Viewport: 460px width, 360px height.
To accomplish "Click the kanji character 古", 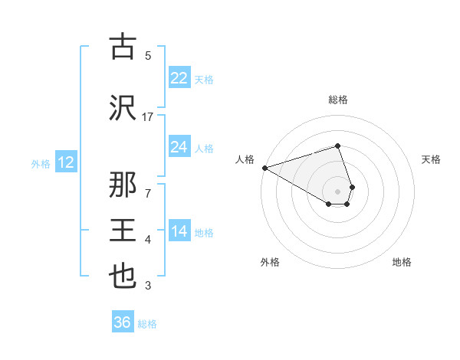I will click(x=123, y=48).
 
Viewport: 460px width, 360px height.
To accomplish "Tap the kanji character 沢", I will click(x=123, y=107).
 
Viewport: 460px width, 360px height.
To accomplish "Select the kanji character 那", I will click(x=123, y=186).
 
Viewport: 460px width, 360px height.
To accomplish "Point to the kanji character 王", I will click(x=123, y=231).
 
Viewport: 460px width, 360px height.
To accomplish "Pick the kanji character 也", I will click(x=123, y=277).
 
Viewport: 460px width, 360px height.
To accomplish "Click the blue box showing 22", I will click(x=179, y=78).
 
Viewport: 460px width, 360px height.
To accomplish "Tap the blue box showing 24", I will click(x=179, y=147).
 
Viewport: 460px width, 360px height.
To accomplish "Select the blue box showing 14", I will click(x=179, y=231).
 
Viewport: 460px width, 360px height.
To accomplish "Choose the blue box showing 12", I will click(x=66, y=162).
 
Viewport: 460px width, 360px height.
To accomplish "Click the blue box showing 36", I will click(x=123, y=322).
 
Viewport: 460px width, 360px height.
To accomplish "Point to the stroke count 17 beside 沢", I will click(x=148, y=116).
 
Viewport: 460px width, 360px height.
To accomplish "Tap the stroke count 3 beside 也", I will click(x=148, y=286).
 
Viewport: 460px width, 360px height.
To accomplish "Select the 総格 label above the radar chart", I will click(x=338, y=100).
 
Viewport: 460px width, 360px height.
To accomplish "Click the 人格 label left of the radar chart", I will click(x=245, y=159).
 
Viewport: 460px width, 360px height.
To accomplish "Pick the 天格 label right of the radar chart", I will click(x=431, y=159).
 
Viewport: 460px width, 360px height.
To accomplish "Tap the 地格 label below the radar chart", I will click(x=402, y=262).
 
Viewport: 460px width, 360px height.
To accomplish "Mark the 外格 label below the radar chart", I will click(x=270, y=262).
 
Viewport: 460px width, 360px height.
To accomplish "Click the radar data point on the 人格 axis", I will click(x=264, y=168).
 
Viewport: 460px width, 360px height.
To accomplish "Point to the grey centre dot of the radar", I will click(x=338, y=191).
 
